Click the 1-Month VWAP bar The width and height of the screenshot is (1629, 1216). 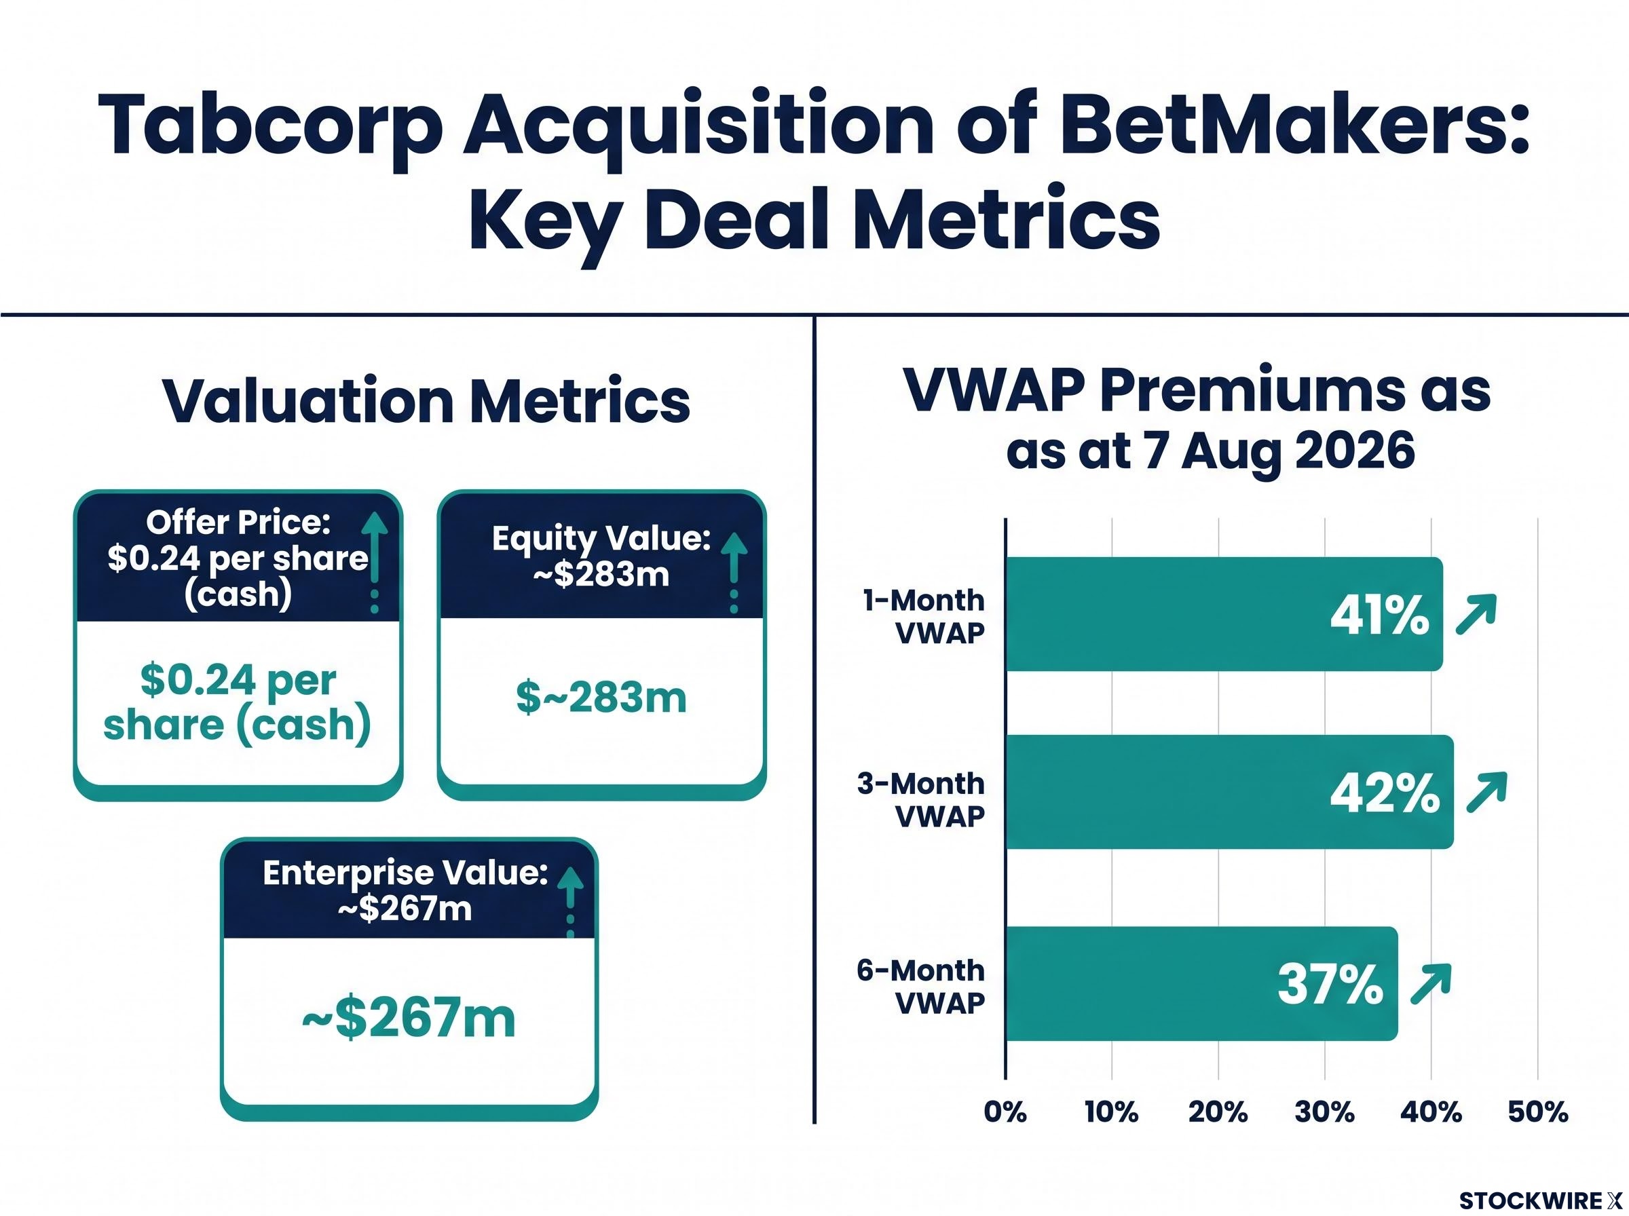point(1223,614)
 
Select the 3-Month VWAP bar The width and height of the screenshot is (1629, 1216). point(1229,792)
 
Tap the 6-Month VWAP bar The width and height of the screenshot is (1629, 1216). point(1201,983)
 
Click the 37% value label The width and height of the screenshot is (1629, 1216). point(1330,985)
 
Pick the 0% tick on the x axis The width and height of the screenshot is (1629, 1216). point(1005,1111)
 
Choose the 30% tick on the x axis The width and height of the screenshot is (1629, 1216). point(1324,1111)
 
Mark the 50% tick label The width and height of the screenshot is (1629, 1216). point(1538,1111)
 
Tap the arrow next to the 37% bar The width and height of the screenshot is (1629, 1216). point(1430,984)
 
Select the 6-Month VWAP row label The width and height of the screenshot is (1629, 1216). point(921,987)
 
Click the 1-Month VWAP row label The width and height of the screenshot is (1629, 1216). point(924,617)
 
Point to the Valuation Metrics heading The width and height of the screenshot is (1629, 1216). point(426,401)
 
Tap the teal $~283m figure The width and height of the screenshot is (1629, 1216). point(601,697)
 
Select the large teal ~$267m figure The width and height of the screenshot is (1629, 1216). point(409,1017)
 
